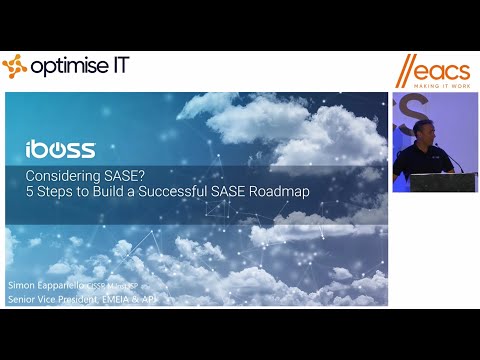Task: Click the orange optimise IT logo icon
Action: [x=14, y=67]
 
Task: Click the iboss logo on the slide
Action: [x=60, y=150]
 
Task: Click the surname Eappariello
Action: [x=66, y=285]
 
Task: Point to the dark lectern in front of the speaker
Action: [x=443, y=182]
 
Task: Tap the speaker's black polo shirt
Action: [x=413, y=160]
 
